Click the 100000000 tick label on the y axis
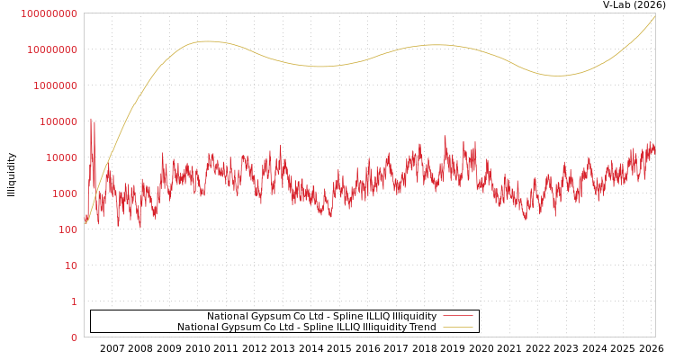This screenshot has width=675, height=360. [x=49, y=13]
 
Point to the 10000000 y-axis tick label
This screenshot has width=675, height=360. [x=52, y=49]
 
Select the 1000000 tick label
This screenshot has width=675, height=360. [x=55, y=85]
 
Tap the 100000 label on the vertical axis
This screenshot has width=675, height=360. [x=58, y=121]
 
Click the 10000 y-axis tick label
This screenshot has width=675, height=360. [x=61, y=157]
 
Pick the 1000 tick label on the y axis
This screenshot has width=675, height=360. [x=65, y=193]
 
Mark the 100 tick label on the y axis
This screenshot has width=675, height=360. [x=67, y=229]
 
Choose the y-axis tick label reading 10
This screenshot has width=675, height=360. [x=71, y=265]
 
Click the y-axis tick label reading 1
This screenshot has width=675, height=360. [x=74, y=301]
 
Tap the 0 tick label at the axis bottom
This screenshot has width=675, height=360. [x=74, y=337]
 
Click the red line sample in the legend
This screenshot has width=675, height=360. [x=458, y=316]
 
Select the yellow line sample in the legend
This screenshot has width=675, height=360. [x=458, y=327]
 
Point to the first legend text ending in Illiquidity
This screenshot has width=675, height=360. [x=321, y=316]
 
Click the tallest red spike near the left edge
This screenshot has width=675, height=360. [x=90, y=119]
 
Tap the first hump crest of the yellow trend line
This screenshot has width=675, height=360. [x=207, y=41]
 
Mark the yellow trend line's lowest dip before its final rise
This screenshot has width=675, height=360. [x=558, y=76]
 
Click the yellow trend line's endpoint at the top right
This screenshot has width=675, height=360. [x=655, y=15]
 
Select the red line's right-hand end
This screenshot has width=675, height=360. [x=655, y=148]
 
